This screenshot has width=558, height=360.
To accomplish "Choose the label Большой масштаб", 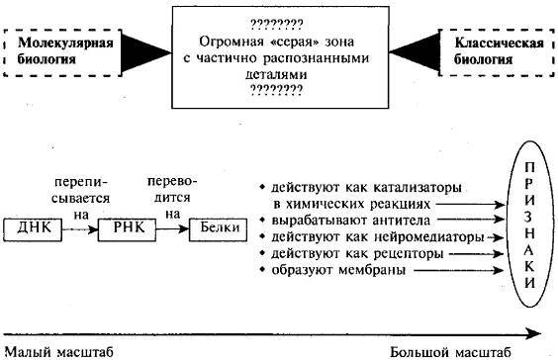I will [450, 351].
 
